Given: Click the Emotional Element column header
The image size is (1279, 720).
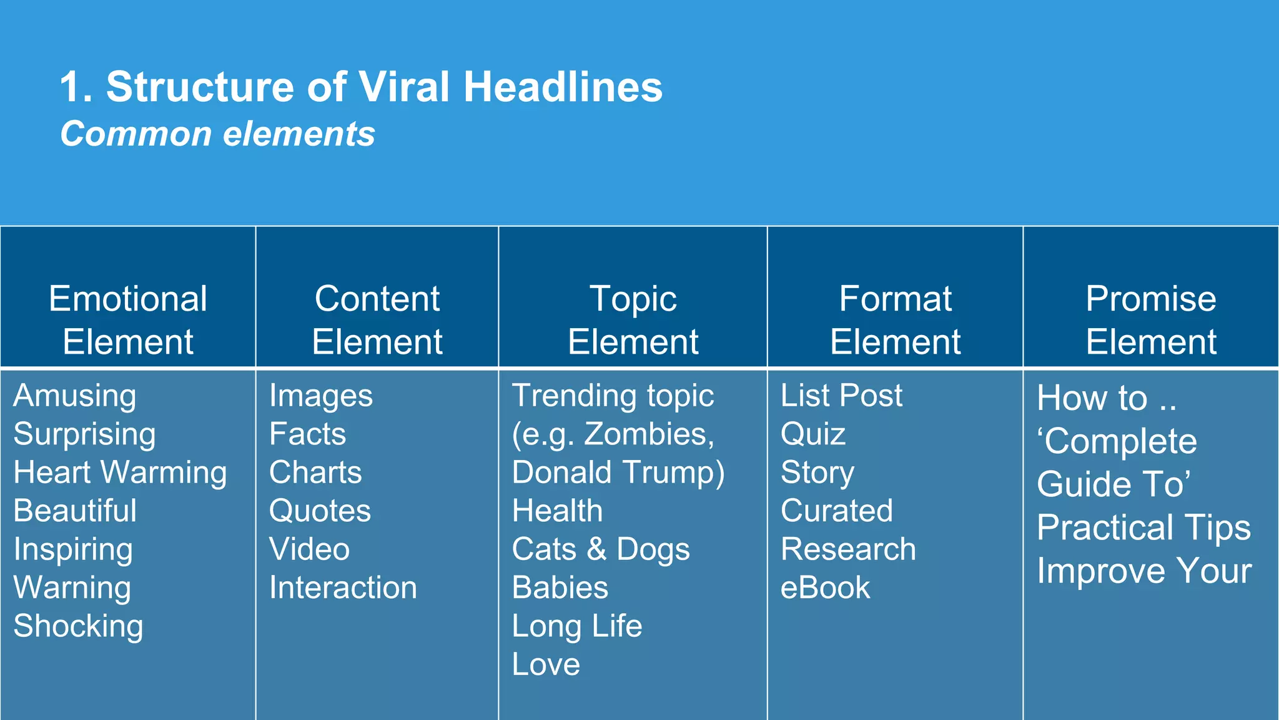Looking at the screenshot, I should [128, 319].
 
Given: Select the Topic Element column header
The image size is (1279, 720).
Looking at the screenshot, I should [633, 319].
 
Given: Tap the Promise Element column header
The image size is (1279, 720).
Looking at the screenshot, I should [1151, 319].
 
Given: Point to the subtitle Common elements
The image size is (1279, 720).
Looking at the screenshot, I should [217, 134].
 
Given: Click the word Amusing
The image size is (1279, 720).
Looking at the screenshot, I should [75, 396].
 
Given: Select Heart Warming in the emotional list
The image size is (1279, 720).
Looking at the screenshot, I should [120, 472].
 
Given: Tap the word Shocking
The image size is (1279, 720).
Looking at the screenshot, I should [79, 626].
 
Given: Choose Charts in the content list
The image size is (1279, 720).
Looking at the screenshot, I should [315, 472].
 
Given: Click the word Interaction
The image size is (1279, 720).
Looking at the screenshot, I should [343, 587].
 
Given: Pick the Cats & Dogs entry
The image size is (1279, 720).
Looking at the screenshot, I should [601, 549].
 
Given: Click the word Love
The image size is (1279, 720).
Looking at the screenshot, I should [546, 664].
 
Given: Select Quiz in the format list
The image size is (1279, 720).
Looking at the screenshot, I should [813, 434].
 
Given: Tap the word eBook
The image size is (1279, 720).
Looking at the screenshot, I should [825, 587].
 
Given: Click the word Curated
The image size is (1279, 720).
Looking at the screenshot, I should [837, 511].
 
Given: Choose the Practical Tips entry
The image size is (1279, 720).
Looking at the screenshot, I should [1143, 527].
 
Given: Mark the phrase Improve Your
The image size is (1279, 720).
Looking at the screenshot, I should [1144, 571].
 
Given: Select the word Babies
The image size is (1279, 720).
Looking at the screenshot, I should [560, 587].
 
